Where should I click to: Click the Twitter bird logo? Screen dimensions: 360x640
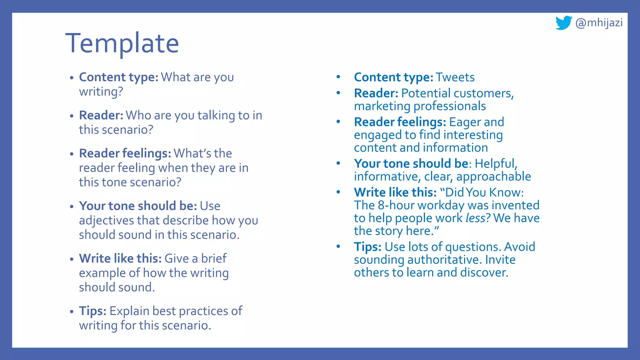pyautogui.click(x=563, y=23)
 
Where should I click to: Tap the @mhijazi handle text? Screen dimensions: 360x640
pyautogui.click(x=599, y=23)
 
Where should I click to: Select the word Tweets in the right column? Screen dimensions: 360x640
pyautogui.click(x=455, y=77)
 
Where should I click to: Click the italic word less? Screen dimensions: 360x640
pyautogui.click(x=475, y=218)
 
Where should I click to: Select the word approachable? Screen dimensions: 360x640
pyautogui.click(x=493, y=177)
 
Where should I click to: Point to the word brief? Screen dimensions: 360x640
pyautogui.click(x=214, y=259)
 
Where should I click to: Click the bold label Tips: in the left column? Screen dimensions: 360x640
pyautogui.click(x=93, y=311)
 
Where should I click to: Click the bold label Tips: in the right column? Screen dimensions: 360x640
pyautogui.click(x=367, y=247)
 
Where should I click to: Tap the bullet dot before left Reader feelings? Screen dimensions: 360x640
pyautogui.click(x=72, y=154)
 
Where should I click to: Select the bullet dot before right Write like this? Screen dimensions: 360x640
pyautogui.click(x=338, y=192)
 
